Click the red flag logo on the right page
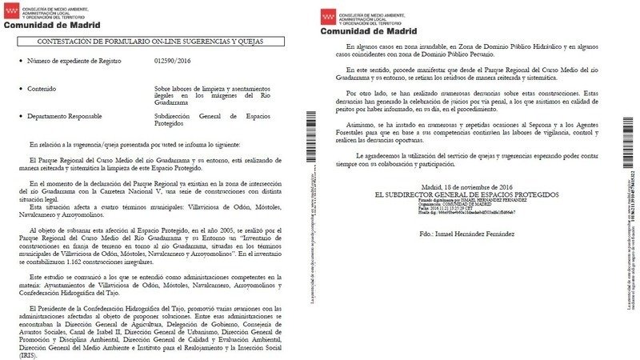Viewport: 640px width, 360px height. point(328,14)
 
